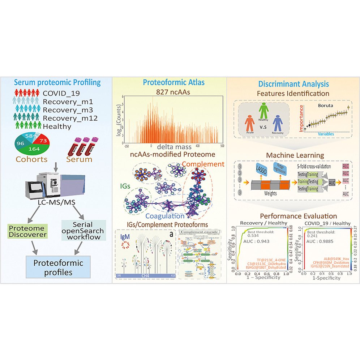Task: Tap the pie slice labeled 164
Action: (x=34, y=149)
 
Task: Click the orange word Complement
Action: (x=203, y=164)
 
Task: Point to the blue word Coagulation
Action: (x=166, y=216)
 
